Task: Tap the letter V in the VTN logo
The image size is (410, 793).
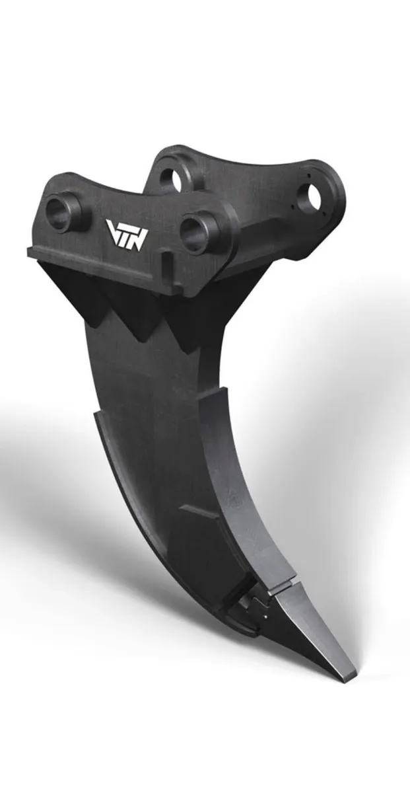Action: click(x=113, y=231)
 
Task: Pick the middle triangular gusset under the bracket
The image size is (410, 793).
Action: click(x=135, y=311)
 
